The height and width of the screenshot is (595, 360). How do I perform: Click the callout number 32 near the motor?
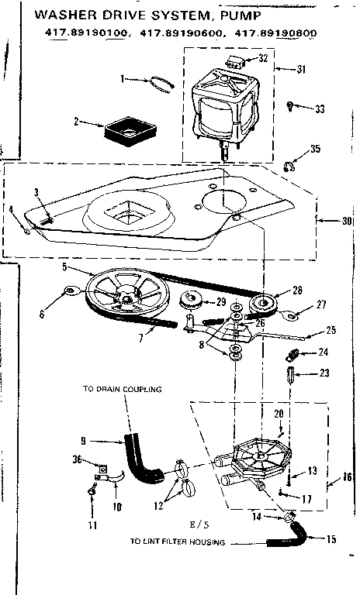coord(264,59)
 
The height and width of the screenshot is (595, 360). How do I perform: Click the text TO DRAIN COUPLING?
coord(123,389)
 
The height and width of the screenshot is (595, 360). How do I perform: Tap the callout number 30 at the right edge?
coord(347,221)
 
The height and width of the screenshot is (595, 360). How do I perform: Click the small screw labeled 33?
coord(290,105)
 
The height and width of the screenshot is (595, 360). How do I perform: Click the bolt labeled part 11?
coord(92,489)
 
